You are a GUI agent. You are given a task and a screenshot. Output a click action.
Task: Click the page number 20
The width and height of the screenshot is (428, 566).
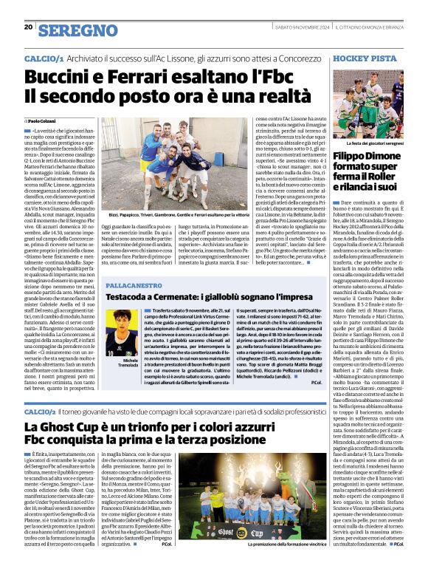[28, 27]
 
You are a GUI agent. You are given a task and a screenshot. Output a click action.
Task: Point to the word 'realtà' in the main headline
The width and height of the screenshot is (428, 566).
[249, 95]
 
